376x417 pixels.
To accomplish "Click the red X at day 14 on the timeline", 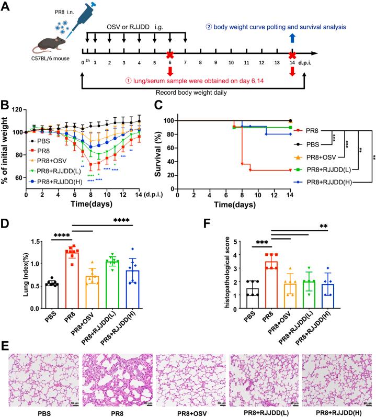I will (x=293, y=54).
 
